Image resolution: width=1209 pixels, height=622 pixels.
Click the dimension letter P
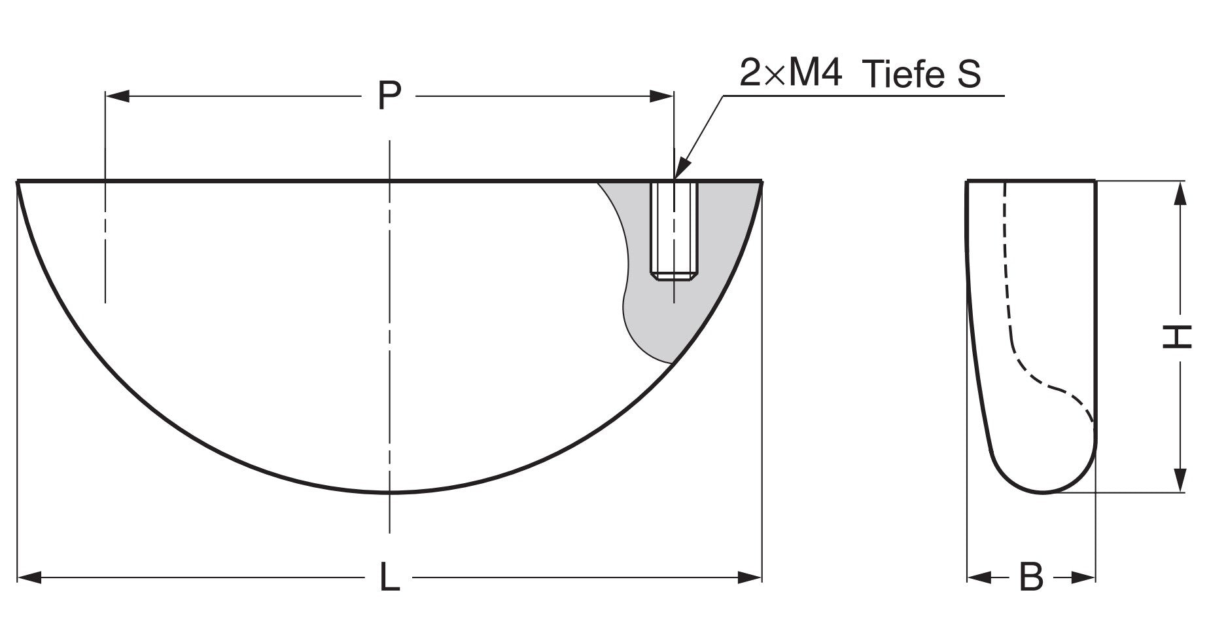coord(389,96)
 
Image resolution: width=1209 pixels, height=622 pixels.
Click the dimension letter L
coord(391,577)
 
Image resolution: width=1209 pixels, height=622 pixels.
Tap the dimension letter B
coord(1032,577)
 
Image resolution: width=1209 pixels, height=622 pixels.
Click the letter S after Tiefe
coord(969,74)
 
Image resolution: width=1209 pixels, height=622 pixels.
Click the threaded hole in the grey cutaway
coord(674,230)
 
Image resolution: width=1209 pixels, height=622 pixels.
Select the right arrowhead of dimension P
coord(662,97)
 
